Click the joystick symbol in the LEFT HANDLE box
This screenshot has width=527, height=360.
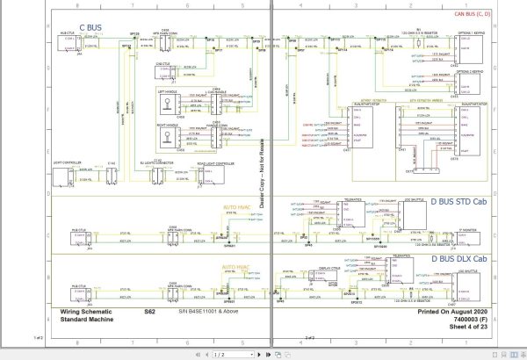coord(165,100)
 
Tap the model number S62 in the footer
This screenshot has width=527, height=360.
coord(149,311)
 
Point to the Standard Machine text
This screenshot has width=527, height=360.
coord(88,319)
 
